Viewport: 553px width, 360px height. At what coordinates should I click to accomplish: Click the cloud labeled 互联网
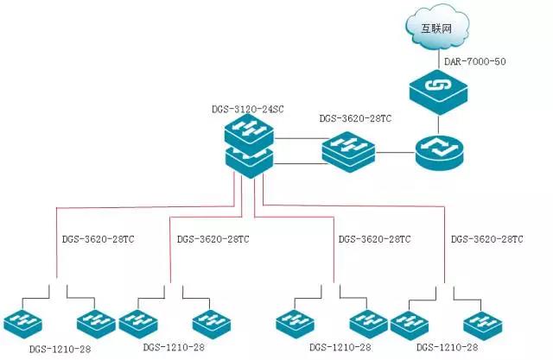pyautogui.click(x=436, y=29)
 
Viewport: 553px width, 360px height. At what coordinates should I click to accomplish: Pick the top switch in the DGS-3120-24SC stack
pyautogui.click(x=249, y=132)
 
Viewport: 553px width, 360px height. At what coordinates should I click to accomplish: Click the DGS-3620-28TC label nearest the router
pyautogui.click(x=355, y=118)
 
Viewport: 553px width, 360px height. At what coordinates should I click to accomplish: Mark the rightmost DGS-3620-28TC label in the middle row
pyautogui.click(x=487, y=238)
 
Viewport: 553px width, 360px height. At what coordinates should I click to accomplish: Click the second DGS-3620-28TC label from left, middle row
pyautogui.click(x=213, y=238)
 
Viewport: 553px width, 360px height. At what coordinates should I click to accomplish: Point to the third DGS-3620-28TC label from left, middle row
pyautogui.click(x=374, y=238)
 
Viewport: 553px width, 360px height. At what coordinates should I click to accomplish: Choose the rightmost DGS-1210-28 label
pyautogui.click(x=447, y=347)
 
